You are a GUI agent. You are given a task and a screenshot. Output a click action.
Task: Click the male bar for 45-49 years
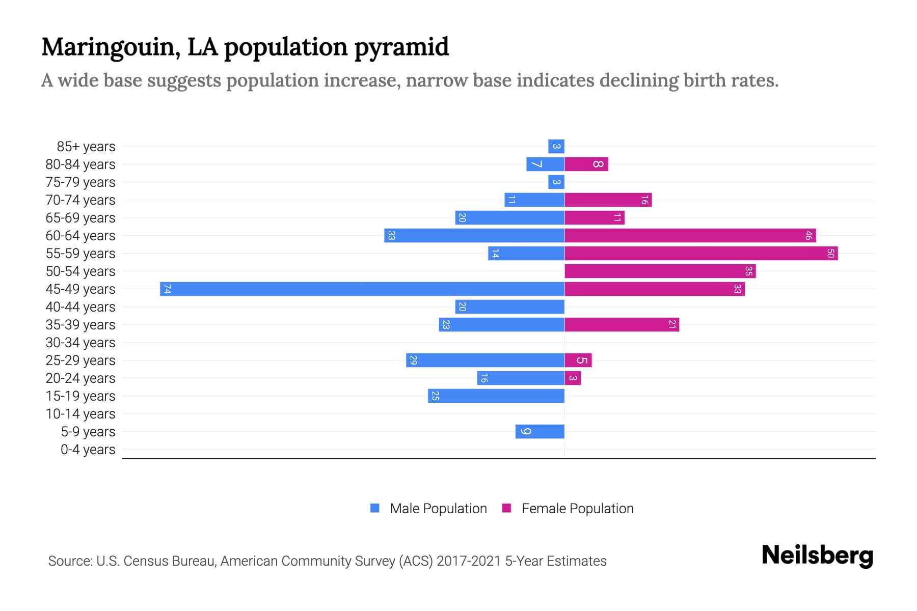tap(362, 289)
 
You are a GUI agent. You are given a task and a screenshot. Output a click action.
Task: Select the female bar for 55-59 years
tap(700, 253)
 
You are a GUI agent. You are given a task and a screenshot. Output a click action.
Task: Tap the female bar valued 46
tap(690, 235)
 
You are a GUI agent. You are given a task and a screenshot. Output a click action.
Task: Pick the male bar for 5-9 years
tap(540, 431)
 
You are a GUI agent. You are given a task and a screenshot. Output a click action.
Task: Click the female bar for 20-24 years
tap(573, 378)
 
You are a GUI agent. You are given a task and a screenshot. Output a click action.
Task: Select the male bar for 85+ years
tap(556, 146)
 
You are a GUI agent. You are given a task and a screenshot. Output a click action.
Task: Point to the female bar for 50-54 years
tap(660, 271)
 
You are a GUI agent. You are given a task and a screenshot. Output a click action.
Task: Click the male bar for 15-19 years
tap(496, 396)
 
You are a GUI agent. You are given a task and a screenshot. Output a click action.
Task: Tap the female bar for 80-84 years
tap(586, 164)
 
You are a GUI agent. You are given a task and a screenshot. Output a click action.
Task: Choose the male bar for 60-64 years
tap(474, 235)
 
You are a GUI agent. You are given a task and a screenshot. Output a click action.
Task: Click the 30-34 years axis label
tap(80, 343)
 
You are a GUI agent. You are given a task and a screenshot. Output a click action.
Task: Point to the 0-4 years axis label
tap(88, 450)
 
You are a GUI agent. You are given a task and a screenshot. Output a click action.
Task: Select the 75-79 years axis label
tap(80, 182)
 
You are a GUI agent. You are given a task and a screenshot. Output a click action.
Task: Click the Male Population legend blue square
tap(375, 508)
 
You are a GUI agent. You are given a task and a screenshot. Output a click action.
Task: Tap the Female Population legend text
tap(577, 509)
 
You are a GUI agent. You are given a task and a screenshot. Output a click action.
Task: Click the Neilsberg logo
tap(817, 556)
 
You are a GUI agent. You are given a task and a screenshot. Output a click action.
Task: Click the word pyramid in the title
tap(401, 47)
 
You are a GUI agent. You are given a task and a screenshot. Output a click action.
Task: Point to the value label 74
tap(167, 289)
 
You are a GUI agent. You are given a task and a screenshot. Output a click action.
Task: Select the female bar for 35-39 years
tap(622, 324)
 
